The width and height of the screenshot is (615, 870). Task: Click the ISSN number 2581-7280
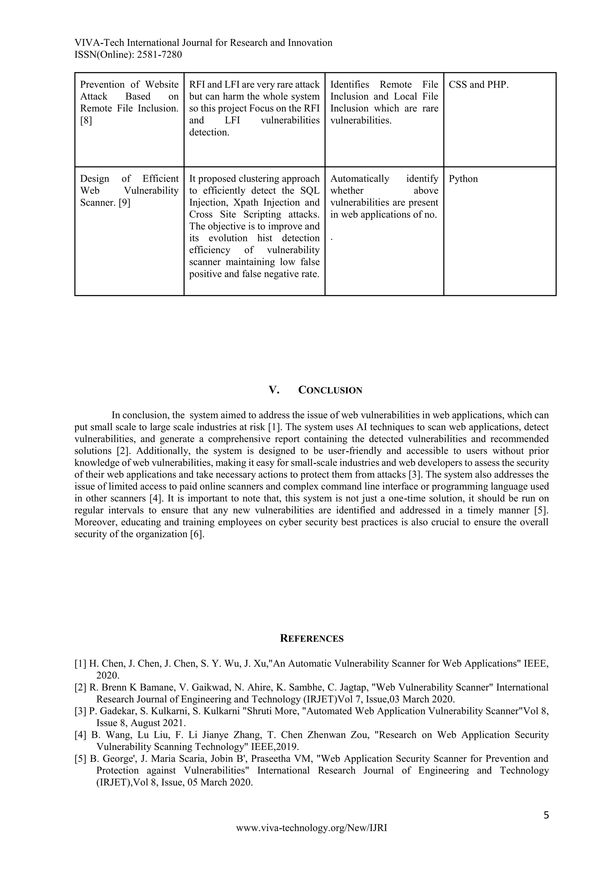(159, 55)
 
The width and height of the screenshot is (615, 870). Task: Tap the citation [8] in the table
(86, 120)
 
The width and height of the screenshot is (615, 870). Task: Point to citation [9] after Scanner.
(124, 203)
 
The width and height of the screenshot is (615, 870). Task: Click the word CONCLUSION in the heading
(330, 390)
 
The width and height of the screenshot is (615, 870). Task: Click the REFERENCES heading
(312, 639)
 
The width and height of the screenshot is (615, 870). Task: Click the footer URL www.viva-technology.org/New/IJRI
(312, 828)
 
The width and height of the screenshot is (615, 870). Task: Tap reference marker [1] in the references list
(80, 664)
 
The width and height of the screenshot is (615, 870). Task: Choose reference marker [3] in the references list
(80, 711)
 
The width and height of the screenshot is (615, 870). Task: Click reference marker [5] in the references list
(80, 759)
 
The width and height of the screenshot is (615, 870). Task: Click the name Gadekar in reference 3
(114, 711)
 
